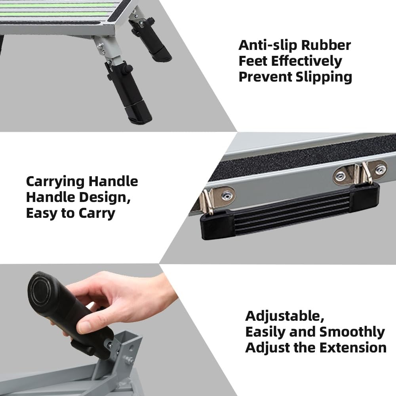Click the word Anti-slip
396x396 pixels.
(x=268, y=45)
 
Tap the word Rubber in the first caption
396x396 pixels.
(x=326, y=45)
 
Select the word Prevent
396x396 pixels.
(x=265, y=77)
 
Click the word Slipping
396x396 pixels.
(x=324, y=77)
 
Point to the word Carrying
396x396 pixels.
(x=55, y=181)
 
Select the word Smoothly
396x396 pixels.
(x=352, y=332)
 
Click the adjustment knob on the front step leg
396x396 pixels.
(x=127, y=69)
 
